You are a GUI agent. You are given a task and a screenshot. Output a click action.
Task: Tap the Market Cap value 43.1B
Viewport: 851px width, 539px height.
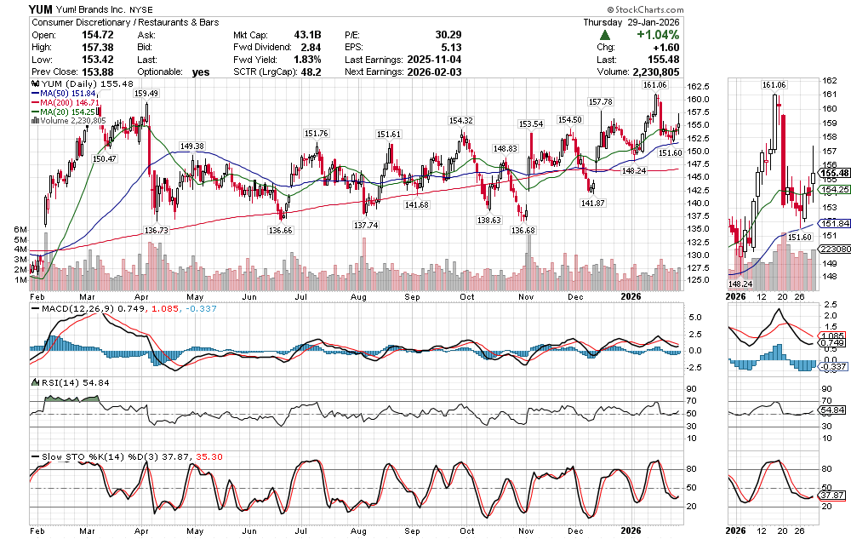307,35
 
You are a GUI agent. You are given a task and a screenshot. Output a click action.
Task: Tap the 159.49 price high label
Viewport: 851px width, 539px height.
146,94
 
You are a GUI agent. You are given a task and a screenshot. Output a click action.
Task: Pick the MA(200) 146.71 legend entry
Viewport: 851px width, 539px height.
68,102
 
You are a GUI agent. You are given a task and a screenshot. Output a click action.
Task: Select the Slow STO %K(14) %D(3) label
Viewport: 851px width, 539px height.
92,457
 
